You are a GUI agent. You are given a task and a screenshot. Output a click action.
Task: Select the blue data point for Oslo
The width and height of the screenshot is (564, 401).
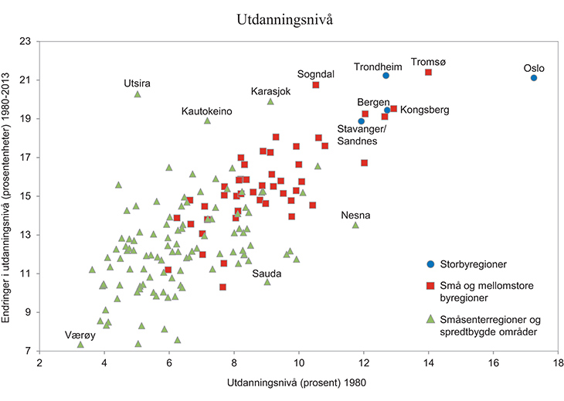(x=534, y=78)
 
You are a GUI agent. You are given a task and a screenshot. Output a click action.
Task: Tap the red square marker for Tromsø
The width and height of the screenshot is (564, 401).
(x=428, y=73)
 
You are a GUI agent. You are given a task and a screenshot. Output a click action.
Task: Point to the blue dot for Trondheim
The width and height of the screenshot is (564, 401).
(x=386, y=76)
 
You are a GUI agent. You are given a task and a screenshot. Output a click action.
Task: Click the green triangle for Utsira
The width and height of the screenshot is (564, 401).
(x=138, y=94)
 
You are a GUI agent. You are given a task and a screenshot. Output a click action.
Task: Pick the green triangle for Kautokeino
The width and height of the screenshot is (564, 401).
(x=207, y=121)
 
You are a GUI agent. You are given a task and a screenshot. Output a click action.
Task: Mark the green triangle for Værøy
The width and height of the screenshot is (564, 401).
(x=80, y=345)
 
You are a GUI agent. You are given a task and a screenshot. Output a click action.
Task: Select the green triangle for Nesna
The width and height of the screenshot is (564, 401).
(x=355, y=225)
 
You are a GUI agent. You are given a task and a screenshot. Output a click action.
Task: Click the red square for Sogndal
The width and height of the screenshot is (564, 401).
(x=316, y=85)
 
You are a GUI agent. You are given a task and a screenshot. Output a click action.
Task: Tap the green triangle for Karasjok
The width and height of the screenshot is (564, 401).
(x=270, y=101)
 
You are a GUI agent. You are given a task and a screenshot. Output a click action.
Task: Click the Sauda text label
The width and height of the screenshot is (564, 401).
(x=266, y=274)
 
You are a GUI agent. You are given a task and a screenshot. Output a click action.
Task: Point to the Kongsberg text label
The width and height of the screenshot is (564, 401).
(x=425, y=110)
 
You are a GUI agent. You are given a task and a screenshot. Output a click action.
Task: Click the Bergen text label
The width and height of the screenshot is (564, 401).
(x=373, y=102)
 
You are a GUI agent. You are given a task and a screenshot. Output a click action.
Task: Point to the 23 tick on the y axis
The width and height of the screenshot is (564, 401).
(x=25, y=41)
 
